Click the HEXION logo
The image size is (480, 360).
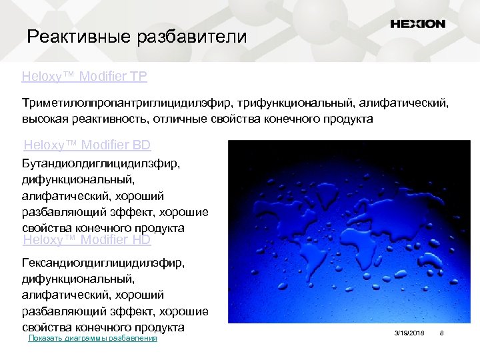[417, 24]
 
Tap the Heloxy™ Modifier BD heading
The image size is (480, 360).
[87, 145]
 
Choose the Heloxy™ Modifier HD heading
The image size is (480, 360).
[87, 239]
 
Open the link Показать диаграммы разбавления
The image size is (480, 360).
[93, 338]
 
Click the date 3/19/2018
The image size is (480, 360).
[409, 333]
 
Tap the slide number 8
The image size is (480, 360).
[441, 333]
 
